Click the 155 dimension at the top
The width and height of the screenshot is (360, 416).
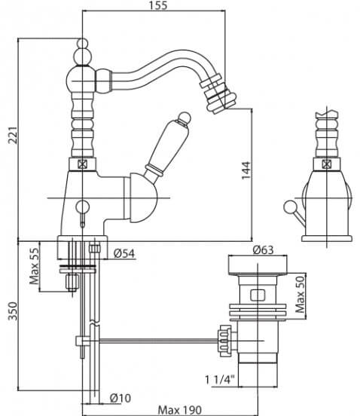158,5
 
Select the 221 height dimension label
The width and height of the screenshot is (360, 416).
13,136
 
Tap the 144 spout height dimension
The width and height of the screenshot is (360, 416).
246,170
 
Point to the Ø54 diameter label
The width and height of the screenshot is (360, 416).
124,254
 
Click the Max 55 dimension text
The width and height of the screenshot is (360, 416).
34,266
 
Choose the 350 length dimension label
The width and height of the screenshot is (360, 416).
13,311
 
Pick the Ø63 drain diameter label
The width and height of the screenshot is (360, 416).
263,249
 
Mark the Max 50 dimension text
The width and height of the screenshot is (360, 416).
300,295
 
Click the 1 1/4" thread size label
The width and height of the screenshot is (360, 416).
220,380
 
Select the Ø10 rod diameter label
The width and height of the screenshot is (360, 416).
121,398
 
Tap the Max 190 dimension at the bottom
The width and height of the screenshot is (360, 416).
180,410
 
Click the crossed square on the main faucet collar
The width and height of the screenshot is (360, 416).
82,164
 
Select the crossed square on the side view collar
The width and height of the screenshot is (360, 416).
326,164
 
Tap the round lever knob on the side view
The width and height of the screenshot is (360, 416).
289,207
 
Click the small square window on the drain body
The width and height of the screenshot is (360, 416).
258,295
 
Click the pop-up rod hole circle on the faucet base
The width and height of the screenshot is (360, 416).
83,207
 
